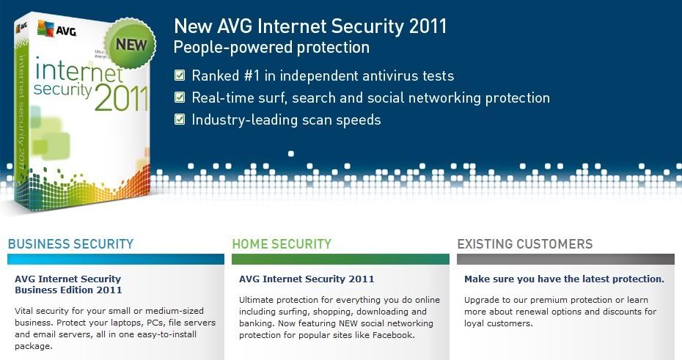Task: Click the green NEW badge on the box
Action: [131, 44]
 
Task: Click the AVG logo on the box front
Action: [57, 29]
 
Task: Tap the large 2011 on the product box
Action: [121, 98]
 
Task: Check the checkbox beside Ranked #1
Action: [180, 76]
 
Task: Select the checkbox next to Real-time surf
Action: [180, 97]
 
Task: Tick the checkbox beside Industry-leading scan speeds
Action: [180, 119]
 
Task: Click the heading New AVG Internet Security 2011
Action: [310, 26]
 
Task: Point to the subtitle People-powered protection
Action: [271, 48]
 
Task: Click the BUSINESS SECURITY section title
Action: [70, 244]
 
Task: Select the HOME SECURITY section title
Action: [282, 244]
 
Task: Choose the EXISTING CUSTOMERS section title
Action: [524, 244]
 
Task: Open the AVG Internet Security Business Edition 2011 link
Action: [68, 284]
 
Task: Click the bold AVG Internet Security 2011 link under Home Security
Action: [307, 279]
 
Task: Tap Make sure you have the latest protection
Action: [564, 279]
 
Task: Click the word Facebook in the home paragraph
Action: [392, 335]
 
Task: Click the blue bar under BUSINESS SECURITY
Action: [116, 259]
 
